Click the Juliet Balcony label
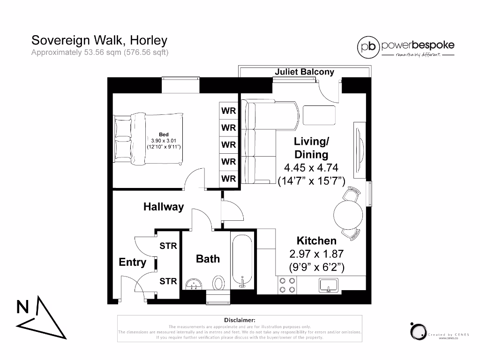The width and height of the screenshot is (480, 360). coord(304,72)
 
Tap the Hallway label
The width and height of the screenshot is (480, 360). coord(164,207)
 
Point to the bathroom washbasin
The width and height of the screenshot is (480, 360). coord(193,284)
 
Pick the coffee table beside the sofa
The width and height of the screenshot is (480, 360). coord(319,115)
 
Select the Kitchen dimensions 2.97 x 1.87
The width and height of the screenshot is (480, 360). coord(316,254)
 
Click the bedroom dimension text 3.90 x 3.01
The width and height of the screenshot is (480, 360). coord(164,141)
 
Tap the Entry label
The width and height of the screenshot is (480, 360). coord(132,262)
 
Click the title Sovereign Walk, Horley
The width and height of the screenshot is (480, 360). coord(99,40)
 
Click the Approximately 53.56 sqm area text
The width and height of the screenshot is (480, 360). coord(99,52)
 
